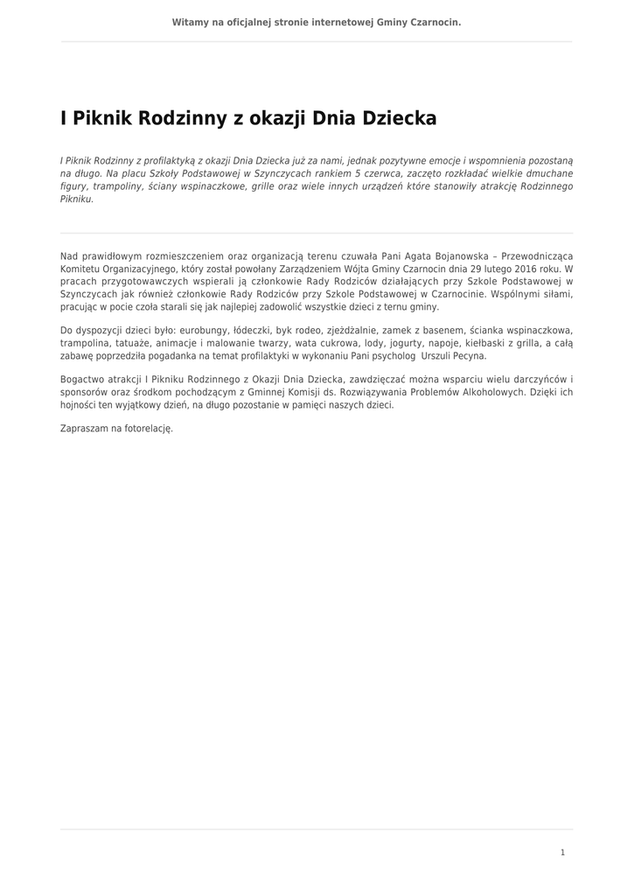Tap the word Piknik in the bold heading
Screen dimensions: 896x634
[x=97, y=118]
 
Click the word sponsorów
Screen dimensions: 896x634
[x=83, y=393]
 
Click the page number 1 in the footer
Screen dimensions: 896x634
[x=562, y=852]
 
